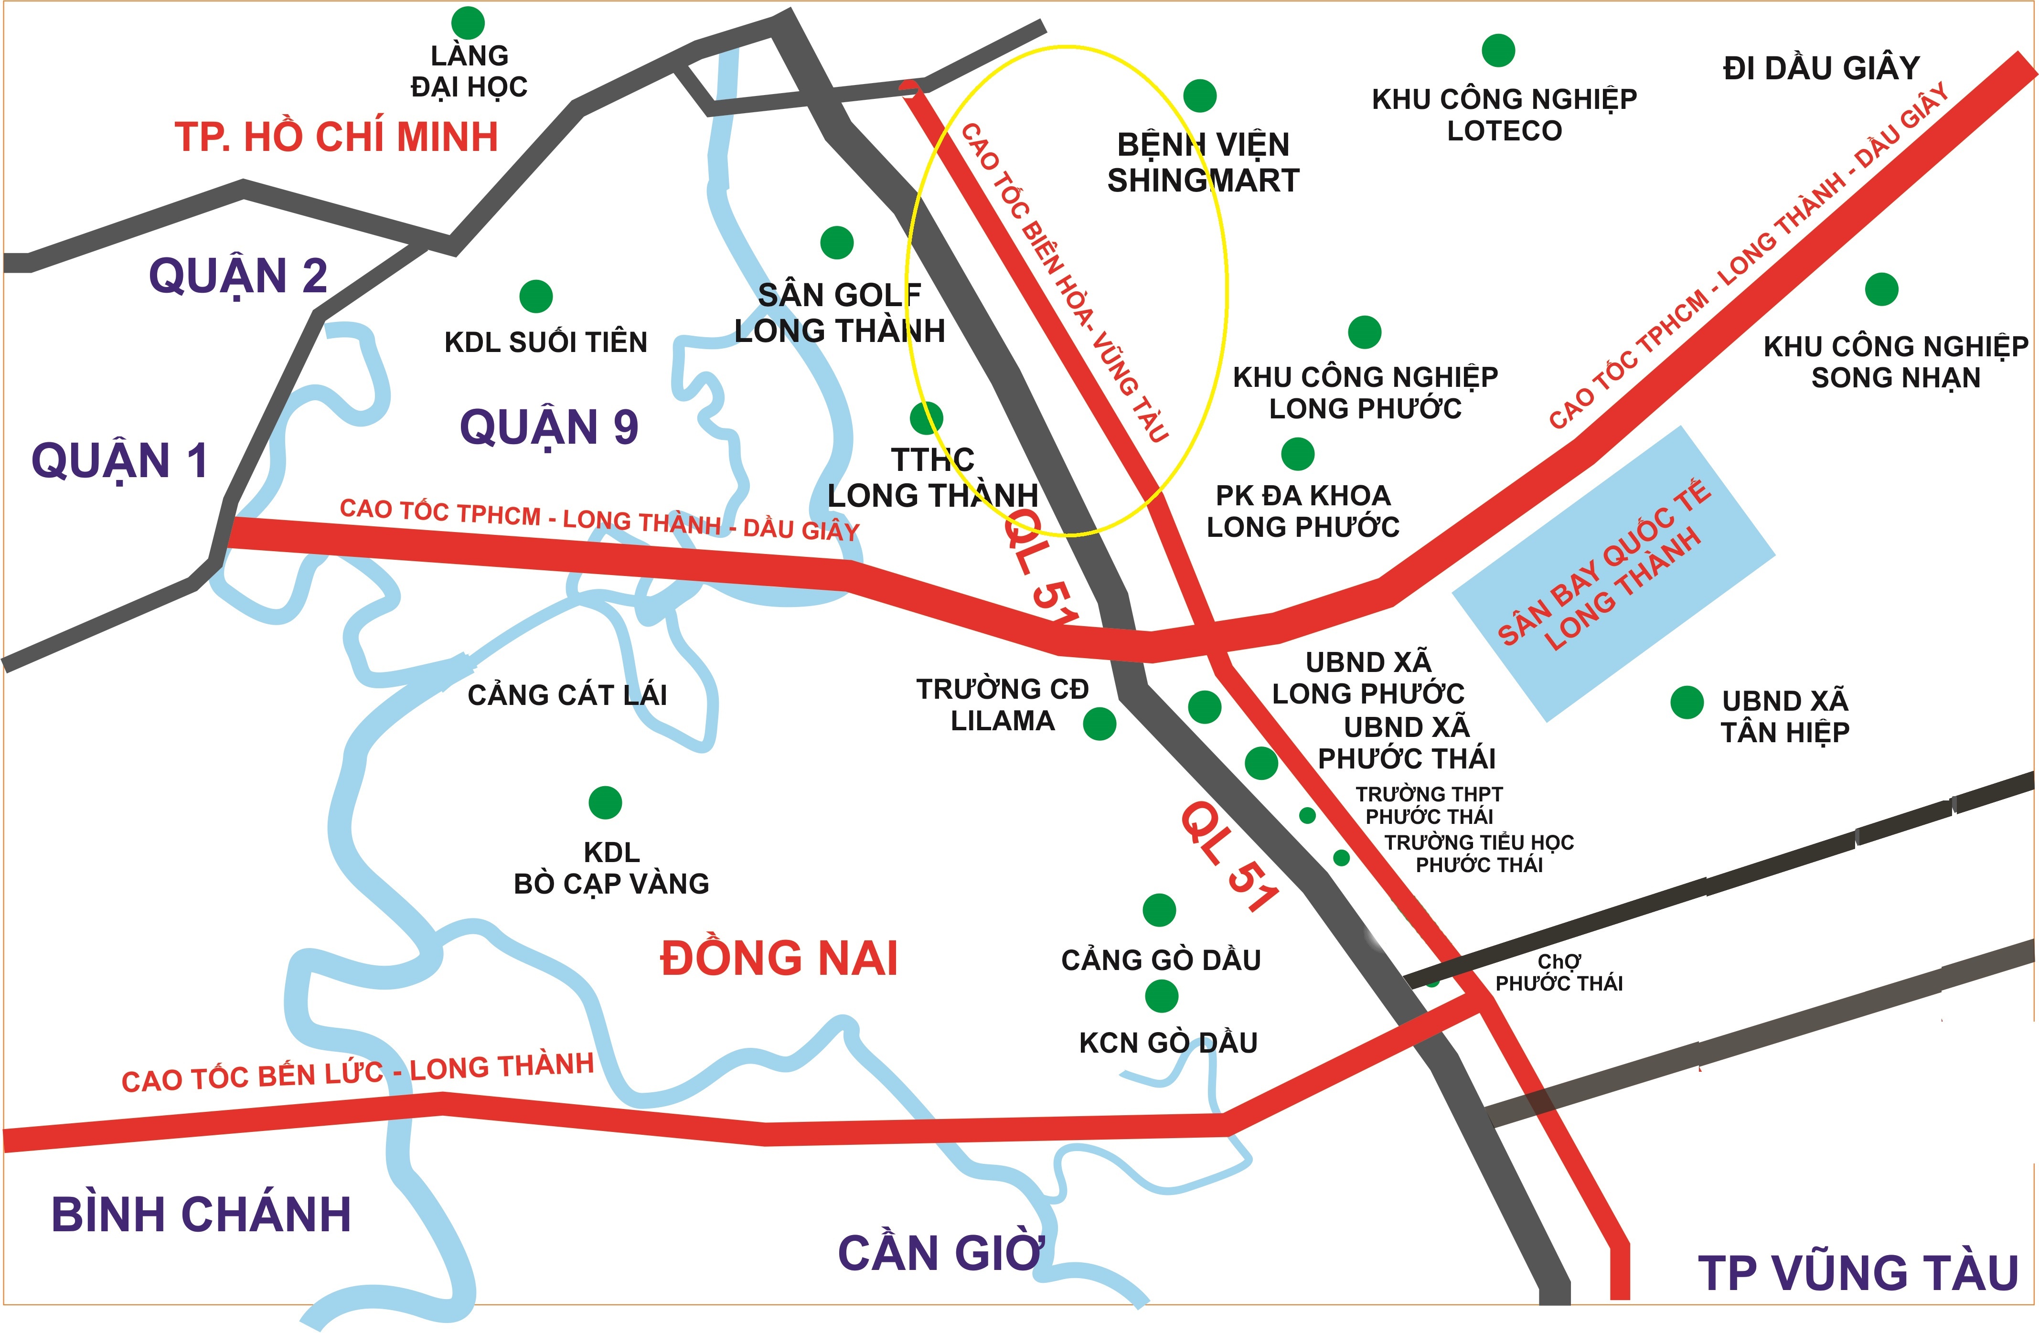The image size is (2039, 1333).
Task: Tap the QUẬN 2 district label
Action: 238,276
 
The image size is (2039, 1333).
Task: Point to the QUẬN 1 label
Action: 120,461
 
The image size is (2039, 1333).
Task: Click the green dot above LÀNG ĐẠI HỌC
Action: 468,23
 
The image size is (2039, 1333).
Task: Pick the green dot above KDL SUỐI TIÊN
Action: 536,297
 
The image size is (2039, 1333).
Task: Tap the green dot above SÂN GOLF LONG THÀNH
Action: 837,243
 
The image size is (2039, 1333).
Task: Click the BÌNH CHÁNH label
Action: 202,1214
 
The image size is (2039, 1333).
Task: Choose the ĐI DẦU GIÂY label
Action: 1821,68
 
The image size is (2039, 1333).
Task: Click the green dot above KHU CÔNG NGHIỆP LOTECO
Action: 1498,51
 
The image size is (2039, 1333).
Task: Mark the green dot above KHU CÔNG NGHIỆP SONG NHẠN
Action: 1881,289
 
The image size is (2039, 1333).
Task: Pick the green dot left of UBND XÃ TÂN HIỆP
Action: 1687,703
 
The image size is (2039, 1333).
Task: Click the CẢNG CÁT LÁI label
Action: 567,695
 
